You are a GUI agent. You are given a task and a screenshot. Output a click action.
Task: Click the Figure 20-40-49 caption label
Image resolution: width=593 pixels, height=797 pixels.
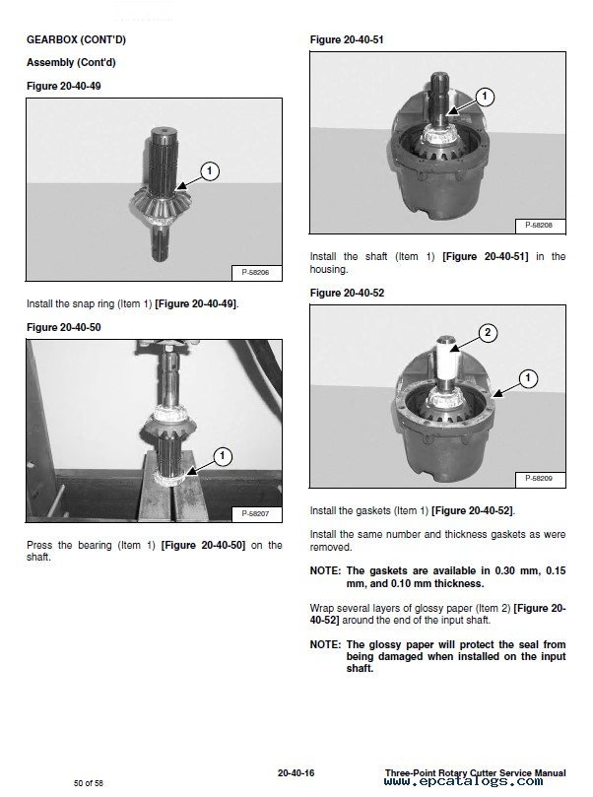63,86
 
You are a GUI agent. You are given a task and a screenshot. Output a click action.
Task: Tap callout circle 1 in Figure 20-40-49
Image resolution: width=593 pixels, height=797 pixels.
209,170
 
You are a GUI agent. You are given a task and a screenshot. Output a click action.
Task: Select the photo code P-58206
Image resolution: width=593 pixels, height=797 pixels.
256,271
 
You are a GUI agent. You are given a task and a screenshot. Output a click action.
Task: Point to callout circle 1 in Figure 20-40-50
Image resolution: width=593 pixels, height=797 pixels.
223,455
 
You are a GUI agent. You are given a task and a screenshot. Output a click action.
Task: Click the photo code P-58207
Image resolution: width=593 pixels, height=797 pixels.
256,513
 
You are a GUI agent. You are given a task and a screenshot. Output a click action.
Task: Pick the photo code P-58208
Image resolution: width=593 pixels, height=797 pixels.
539,226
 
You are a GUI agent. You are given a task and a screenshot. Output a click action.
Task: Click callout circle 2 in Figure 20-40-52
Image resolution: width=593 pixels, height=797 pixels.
486,333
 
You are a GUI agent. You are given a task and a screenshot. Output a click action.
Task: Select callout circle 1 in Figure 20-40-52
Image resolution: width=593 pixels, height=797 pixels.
528,377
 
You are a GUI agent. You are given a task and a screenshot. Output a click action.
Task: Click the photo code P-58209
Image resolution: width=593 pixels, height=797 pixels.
539,478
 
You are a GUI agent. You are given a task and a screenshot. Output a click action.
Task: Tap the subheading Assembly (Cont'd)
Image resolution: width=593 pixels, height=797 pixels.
63,63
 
